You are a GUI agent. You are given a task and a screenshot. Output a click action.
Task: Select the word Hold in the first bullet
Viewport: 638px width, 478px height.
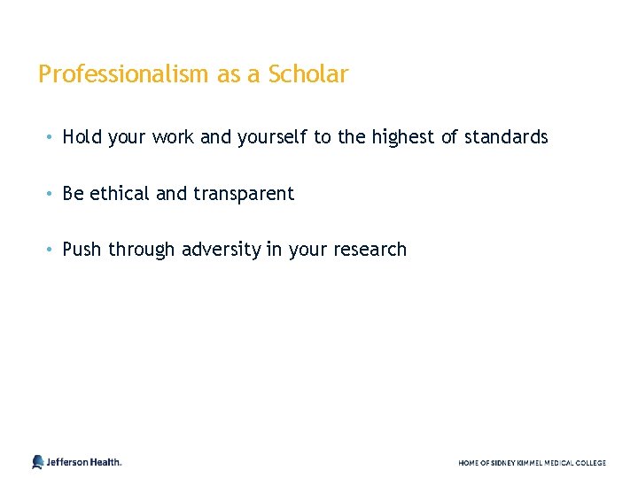coord(82,137)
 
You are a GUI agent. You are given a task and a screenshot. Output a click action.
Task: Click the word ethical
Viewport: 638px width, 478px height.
coord(120,193)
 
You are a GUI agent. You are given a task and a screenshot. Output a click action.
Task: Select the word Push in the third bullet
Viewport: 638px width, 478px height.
coord(82,250)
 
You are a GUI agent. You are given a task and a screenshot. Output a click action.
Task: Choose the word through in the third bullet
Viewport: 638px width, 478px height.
coord(142,250)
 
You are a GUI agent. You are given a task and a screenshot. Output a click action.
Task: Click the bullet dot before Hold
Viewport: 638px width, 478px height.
coord(52,137)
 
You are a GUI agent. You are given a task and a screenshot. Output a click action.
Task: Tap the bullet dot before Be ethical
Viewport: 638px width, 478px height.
coord(52,193)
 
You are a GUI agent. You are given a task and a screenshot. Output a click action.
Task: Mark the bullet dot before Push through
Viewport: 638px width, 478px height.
coord(52,250)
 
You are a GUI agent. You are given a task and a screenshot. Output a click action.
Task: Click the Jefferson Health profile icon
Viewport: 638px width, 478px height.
coord(37,461)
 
